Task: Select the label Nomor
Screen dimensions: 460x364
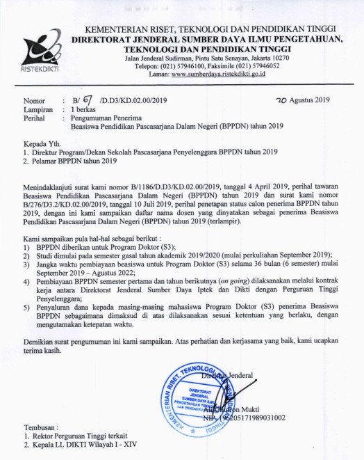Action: (x=34, y=102)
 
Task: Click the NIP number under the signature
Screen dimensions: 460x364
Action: (x=243, y=418)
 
